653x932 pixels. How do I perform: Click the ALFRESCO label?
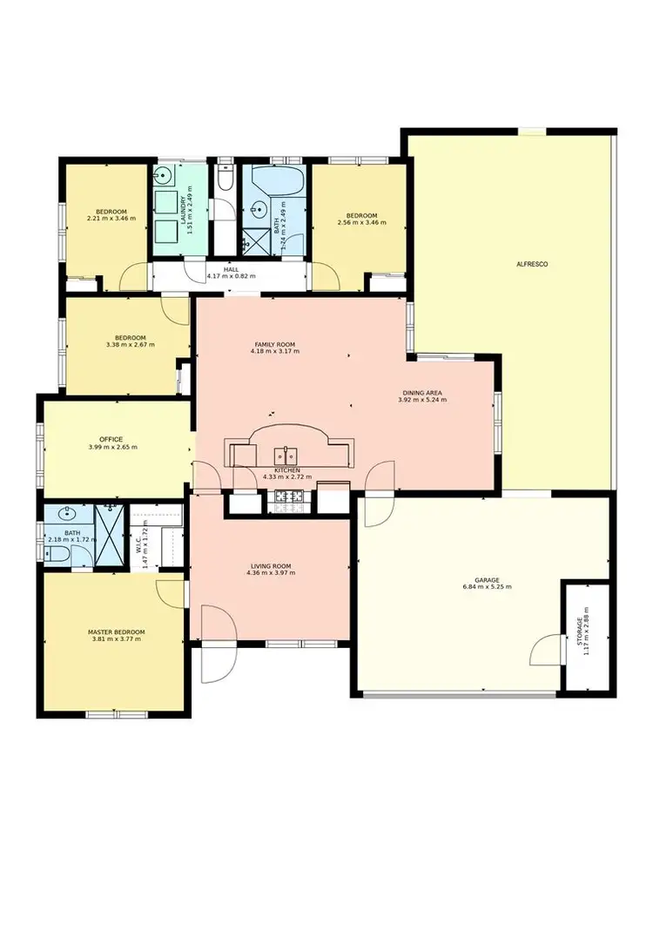click(531, 263)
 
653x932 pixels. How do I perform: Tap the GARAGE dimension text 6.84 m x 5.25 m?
click(487, 586)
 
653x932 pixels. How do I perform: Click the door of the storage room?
click(546, 650)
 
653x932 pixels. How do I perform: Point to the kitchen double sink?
click(285, 455)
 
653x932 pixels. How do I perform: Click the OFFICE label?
click(111, 439)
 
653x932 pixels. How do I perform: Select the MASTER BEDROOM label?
click(116, 631)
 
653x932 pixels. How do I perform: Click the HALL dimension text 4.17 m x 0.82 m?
click(231, 276)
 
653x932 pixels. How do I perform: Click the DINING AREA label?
click(421, 393)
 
